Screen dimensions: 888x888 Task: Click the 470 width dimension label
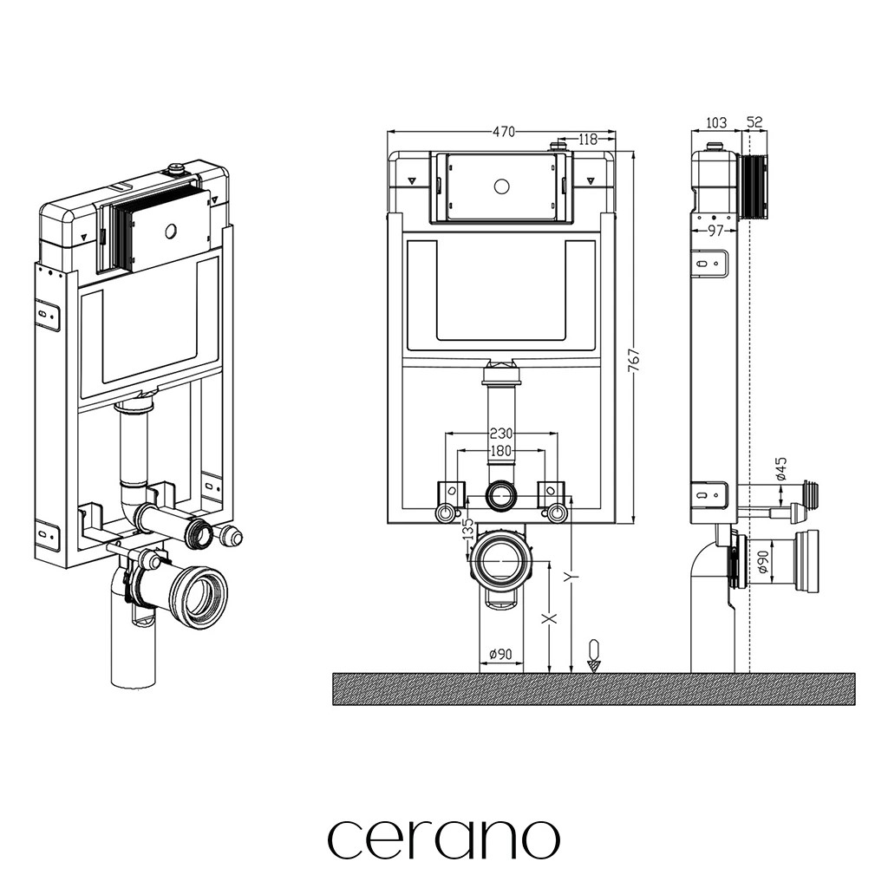coord(504,132)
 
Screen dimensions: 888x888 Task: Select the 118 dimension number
coord(589,139)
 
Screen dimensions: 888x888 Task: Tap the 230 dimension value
coord(501,434)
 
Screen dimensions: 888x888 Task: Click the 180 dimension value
coord(501,451)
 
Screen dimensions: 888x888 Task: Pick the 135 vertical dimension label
coord(468,530)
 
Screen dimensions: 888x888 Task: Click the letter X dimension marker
coord(549,617)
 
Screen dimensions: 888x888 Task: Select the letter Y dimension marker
coord(572,577)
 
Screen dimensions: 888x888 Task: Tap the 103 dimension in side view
coord(716,122)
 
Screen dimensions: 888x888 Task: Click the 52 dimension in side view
coord(754,121)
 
